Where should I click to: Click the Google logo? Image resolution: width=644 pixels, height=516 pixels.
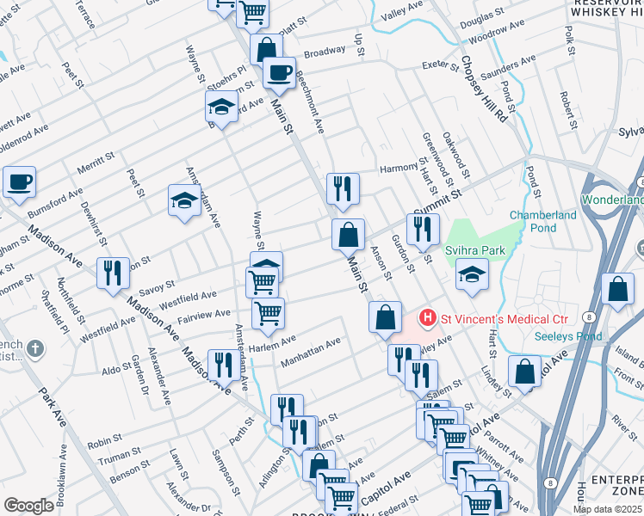(x=29, y=506)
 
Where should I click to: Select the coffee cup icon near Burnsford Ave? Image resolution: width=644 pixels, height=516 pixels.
(x=19, y=181)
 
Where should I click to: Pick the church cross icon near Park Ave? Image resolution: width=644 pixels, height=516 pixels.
(x=34, y=348)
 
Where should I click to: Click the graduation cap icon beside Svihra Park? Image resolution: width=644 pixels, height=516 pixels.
(x=472, y=275)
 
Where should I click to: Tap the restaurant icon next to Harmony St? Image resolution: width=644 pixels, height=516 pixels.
(x=343, y=187)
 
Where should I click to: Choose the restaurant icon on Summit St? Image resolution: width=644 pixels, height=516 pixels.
(x=423, y=228)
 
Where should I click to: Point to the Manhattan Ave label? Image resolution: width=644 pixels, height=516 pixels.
(x=312, y=351)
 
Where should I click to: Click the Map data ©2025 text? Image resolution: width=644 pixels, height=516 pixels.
(x=608, y=508)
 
